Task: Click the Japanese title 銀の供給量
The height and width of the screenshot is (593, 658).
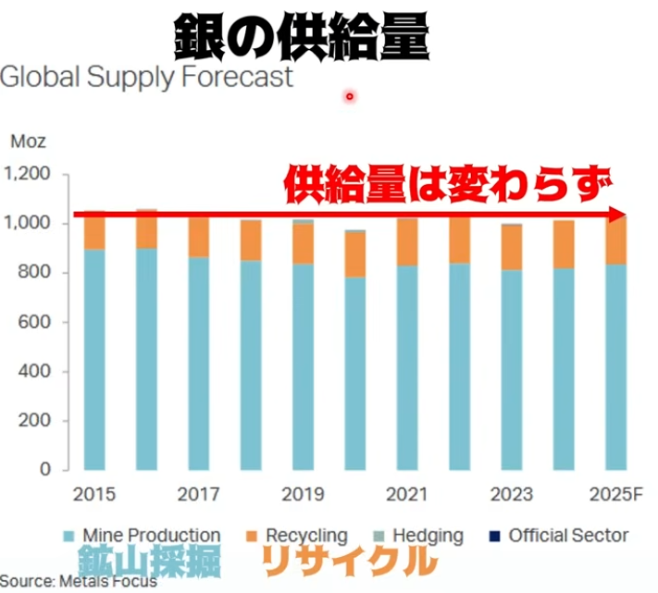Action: pyautogui.click(x=302, y=38)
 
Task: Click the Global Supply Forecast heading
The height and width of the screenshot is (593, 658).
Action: pyautogui.click(x=146, y=76)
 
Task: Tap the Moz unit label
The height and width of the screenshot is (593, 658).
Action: pyautogui.click(x=28, y=142)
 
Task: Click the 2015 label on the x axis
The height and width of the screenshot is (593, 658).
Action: pyautogui.click(x=93, y=494)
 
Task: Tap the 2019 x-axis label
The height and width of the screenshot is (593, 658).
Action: pyautogui.click(x=301, y=494)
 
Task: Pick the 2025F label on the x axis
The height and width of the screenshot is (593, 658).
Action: pyautogui.click(x=615, y=494)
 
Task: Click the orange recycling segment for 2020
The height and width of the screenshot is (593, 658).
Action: pyautogui.click(x=354, y=253)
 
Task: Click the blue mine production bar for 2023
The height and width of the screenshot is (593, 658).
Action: pyautogui.click(x=510, y=370)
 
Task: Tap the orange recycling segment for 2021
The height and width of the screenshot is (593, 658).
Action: pyautogui.click(x=406, y=242)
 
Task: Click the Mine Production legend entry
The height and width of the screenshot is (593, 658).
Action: pyautogui.click(x=142, y=536)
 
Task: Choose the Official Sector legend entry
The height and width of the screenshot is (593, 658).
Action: pyautogui.click(x=559, y=536)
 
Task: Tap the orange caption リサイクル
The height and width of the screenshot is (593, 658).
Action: pyautogui.click(x=346, y=561)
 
